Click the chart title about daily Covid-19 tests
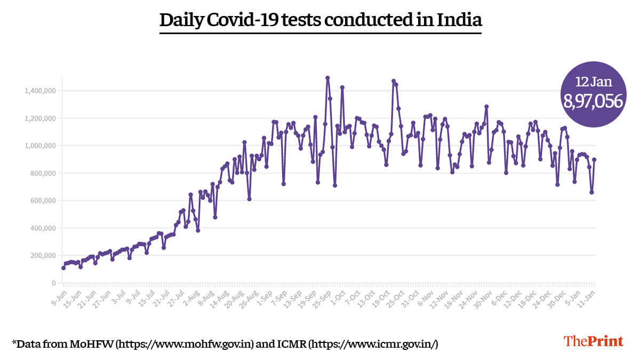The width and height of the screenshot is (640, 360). [x=321, y=20]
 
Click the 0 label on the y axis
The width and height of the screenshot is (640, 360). [x=54, y=283]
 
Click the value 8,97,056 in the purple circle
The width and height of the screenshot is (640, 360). [x=594, y=101]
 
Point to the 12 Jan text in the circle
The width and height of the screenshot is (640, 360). [x=593, y=82]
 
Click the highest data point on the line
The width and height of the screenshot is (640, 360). [x=327, y=78]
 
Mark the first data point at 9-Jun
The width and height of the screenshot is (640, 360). [x=63, y=268]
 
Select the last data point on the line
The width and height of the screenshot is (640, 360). [x=594, y=159]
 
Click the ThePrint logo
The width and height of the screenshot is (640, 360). [x=594, y=341]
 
